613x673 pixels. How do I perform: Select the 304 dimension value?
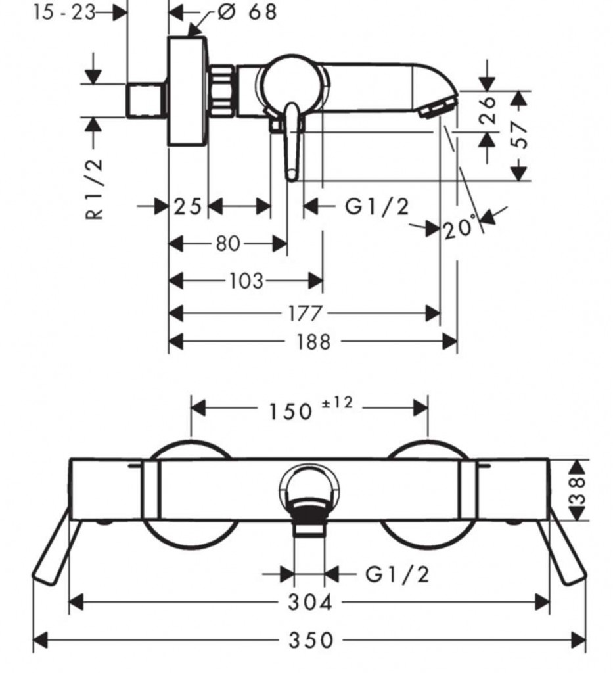tap(310, 601)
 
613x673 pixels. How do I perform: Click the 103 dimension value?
tap(246, 281)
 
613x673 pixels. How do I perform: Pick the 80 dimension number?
tap(227, 244)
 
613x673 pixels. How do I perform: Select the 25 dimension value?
tap(188, 206)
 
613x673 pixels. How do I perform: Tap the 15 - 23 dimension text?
tap(64, 11)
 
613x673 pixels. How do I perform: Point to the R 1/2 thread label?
tap(95, 188)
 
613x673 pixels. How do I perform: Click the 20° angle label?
tap(459, 229)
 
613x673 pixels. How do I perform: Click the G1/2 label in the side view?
tap(376, 207)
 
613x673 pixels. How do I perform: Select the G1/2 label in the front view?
tap(397, 574)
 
